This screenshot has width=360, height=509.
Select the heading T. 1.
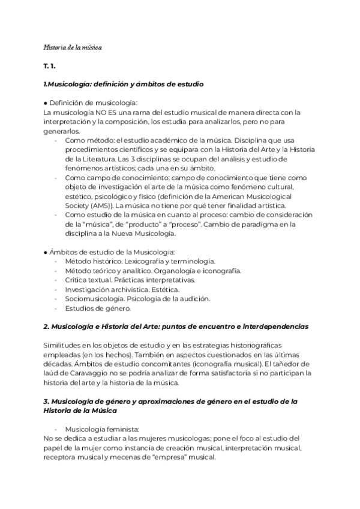click(x=52, y=65)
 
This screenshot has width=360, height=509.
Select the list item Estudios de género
click(x=96, y=309)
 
